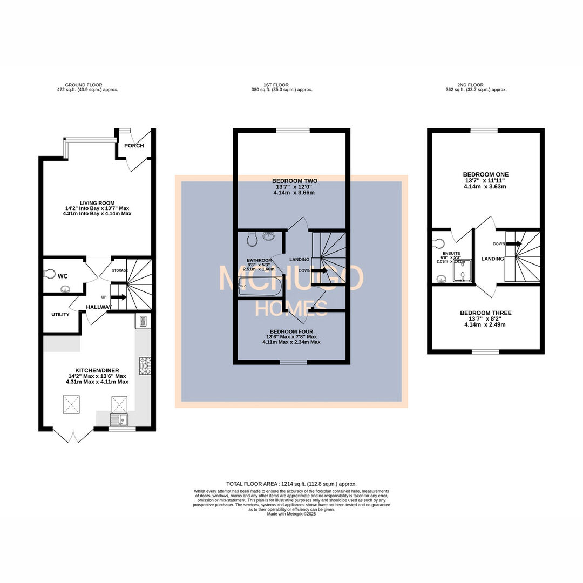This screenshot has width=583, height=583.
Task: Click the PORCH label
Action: pyautogui.click(x=134, y=146)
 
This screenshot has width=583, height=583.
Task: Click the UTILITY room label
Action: pyautogui.click(x=60, y=314)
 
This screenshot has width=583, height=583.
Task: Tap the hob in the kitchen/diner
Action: pyautogui.click(x=144, y=365)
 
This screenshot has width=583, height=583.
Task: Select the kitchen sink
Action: pyautogui.click(x=117, y=419)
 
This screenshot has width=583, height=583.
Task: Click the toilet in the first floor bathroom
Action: pyautogui.click(x=252, y=238)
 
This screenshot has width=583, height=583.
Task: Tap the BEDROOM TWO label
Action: pyautogui.click(x=294, y=181)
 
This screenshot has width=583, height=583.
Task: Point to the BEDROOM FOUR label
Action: pyautogui.click(x=291, y=332)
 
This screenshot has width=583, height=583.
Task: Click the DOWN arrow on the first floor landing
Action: pyautogui.click(x=320, y=270)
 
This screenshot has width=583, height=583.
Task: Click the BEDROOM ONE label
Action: pyautogui.click(x=486, y=174)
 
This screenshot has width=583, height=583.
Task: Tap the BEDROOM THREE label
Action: pyautogui.click(x=485, y=313)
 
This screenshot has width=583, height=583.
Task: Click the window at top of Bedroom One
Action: pyautogui.click(x=484, y=131)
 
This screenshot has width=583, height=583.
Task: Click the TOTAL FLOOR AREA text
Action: pyautogui.click(x=291, y=484)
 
